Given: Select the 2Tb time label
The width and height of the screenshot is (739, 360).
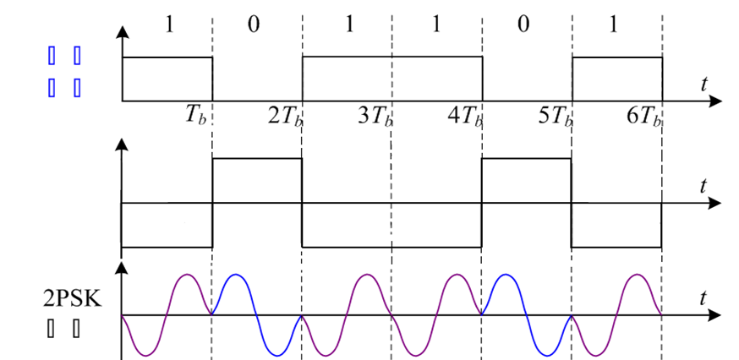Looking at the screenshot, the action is pyautogui.click(x=286, y=115).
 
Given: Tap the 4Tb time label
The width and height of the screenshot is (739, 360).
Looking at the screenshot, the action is pyautogui.click(x=465, y=115).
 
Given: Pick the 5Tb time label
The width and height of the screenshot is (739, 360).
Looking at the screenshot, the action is pyautogui.click(x=555, y=115).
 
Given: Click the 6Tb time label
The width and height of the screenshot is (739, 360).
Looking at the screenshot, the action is pyautogui.click(x=644, y=115).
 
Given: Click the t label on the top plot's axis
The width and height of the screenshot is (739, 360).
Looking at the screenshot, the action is pyautogui.click(x=704, y=83).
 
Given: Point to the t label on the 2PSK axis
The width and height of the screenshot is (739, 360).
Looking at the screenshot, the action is pyautogui.click(x=704, y=297).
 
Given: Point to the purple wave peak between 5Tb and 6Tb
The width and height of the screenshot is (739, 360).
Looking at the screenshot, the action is pyautogui.click(x=639, y=275).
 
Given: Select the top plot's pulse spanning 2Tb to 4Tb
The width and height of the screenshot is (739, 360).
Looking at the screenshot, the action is pyautogui.click(x=392, y=57).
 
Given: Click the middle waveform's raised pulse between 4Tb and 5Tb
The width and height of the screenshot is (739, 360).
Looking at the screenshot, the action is pyautogui.click(x=526, y=159).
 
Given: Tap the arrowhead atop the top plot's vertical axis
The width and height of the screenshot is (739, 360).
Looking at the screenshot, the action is pyautogui.click(x=123, y=33).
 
